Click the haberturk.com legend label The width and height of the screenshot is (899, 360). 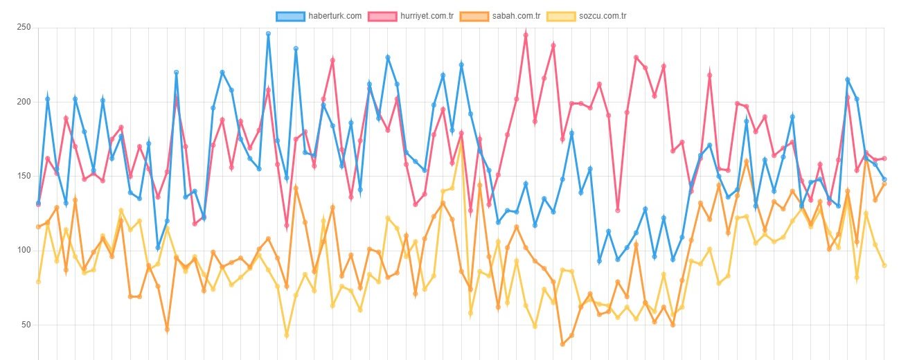tap(335, 16)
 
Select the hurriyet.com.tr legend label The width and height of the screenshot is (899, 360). tap(427, 16)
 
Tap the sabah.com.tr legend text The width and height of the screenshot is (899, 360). tap(516, 16)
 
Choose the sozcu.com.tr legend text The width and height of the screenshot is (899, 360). tap(603, 16)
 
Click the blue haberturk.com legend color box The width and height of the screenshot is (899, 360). tap(290, 17)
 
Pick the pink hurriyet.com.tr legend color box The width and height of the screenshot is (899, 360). tap(382, 17)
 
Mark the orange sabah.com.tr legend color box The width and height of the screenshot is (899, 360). tap(474, 17)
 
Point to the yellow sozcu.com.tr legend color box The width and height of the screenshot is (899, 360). tap(561, 17)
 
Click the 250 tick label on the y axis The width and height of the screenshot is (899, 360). tap(24, 27)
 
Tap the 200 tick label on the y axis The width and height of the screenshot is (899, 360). tap(24, 102)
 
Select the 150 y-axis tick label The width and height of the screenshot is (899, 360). tap(24, 176)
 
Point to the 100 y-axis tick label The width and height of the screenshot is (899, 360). tap(24, 250)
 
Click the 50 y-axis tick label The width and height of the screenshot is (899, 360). tap(26, 324)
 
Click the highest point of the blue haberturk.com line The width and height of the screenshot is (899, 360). tap(268, 34)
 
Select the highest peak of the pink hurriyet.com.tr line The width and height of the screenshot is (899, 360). tap(526, 35)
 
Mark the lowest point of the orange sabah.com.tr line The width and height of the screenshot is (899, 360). tap(562, 344)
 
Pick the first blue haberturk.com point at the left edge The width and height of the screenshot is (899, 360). tap(39, 203)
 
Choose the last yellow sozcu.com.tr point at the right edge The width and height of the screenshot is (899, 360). tap(884, 265)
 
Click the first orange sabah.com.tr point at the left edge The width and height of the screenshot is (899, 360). tap(39, 227)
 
